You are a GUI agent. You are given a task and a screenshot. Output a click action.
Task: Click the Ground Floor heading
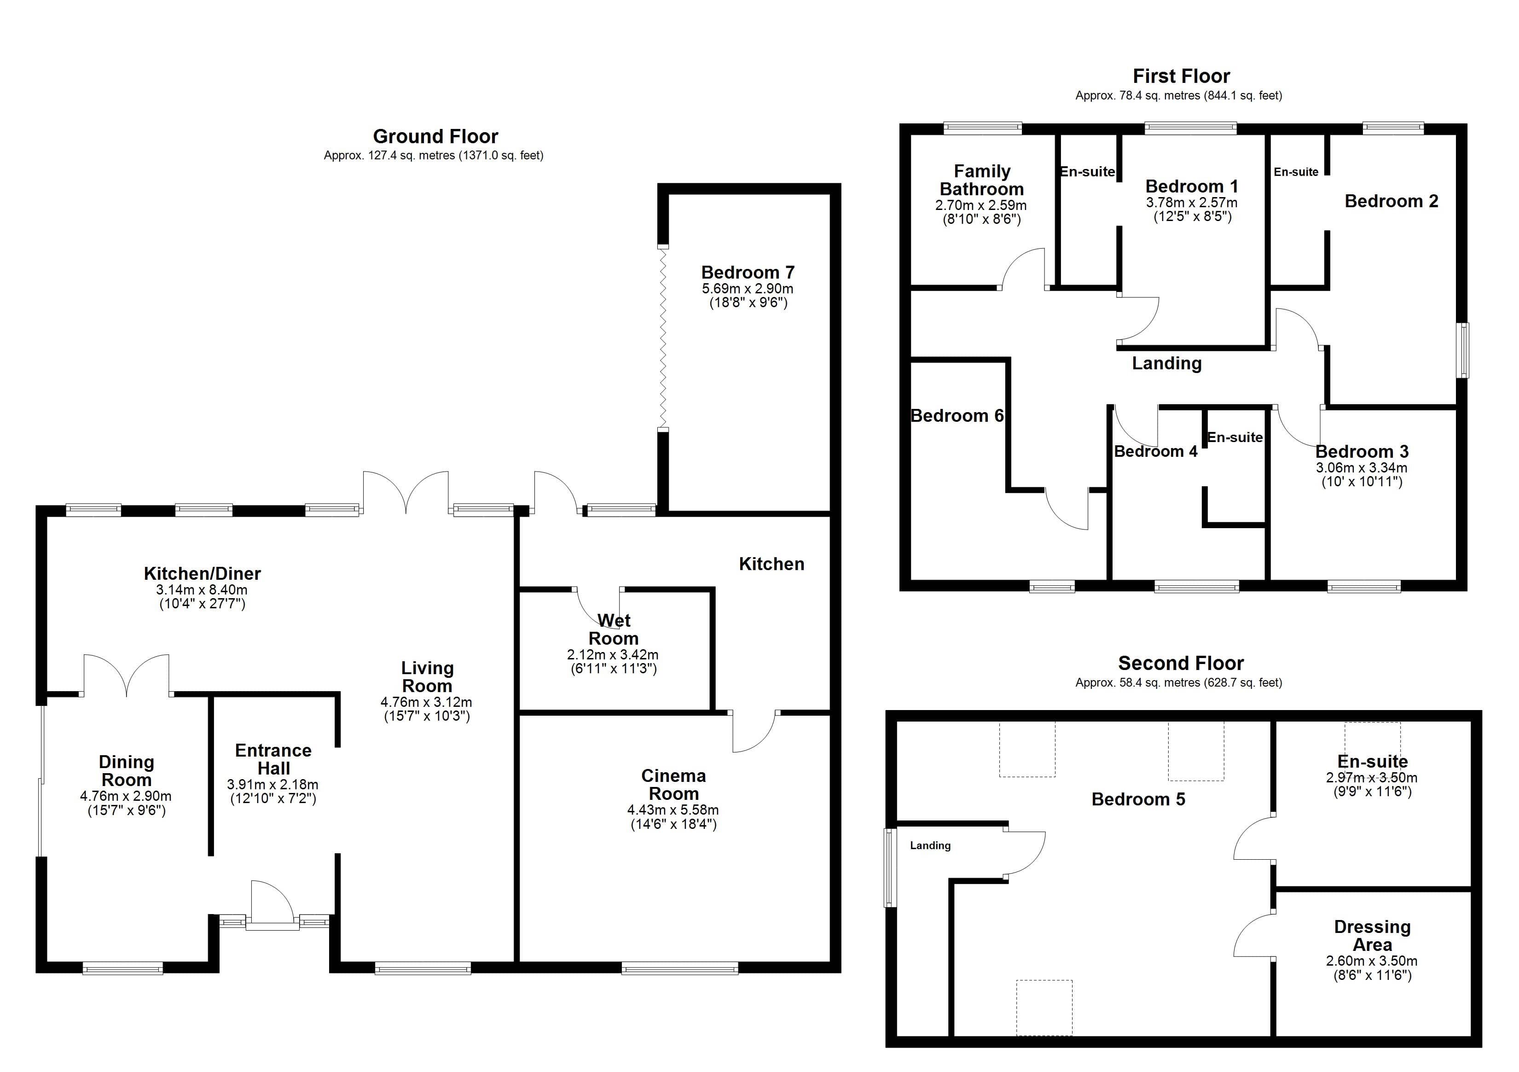pyautogui.click(x=435, y=136)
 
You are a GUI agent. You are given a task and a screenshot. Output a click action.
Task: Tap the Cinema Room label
pyautogui.click(x=673, y=785)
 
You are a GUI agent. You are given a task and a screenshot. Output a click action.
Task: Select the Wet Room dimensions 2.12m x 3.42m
pyautogui.click(x=613, y=654)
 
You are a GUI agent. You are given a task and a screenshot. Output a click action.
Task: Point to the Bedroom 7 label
pyautogui.click(x=748, y=273)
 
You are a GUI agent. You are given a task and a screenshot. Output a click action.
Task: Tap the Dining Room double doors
pyautogui.click(x=127, y=675)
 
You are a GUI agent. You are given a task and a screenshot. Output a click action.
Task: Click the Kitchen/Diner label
pyautogui.click(x=203, y=573)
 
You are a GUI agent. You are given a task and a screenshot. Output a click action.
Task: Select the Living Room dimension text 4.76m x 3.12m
pyautogui.click(x=427, y=702)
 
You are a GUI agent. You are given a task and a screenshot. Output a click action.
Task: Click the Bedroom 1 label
pyautogui.click(x=1192, y=186)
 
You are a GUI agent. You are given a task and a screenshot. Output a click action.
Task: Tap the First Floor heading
pyautogui.click(x=1181, y=76)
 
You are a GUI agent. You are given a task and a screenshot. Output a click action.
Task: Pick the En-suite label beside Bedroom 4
pyautogui.click(x=1235, y=437)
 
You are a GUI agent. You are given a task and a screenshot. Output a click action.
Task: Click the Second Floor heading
pyautogui.click(x=1181, y=663)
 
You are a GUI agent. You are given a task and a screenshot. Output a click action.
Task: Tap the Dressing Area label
pyautogui.click(x=1372, y=936)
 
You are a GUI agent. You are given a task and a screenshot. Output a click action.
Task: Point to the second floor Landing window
pyautogui.click(x=891, y=868)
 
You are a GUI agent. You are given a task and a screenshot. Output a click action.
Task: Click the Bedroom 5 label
pyautogui.click(x=1138, y=799)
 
